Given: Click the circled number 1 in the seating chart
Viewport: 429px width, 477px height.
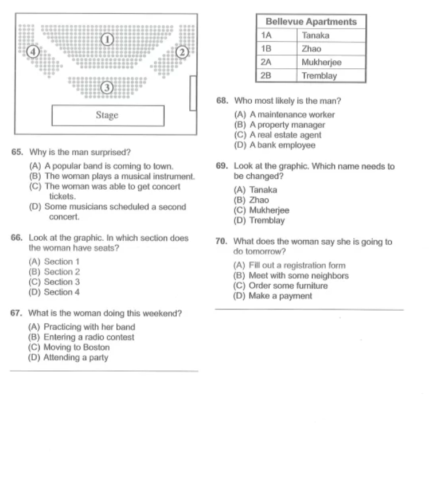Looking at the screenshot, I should (x=106, y=39).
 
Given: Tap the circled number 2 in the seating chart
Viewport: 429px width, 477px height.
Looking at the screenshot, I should (x=182, y=52).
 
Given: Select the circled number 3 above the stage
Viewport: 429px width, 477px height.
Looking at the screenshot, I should (x=106, y=88).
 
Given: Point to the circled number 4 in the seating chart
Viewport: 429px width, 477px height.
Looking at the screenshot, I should (x=33, y=52).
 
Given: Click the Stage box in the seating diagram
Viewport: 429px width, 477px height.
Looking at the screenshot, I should (x=107, y=115).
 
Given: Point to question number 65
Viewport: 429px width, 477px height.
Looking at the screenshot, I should (x=17, y=153).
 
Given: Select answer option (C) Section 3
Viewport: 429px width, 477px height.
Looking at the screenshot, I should (x=54, y=282).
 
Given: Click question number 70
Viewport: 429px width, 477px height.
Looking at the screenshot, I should (x=222, y=242).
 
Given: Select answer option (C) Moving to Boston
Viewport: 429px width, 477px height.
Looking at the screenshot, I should (x=69, y=347).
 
